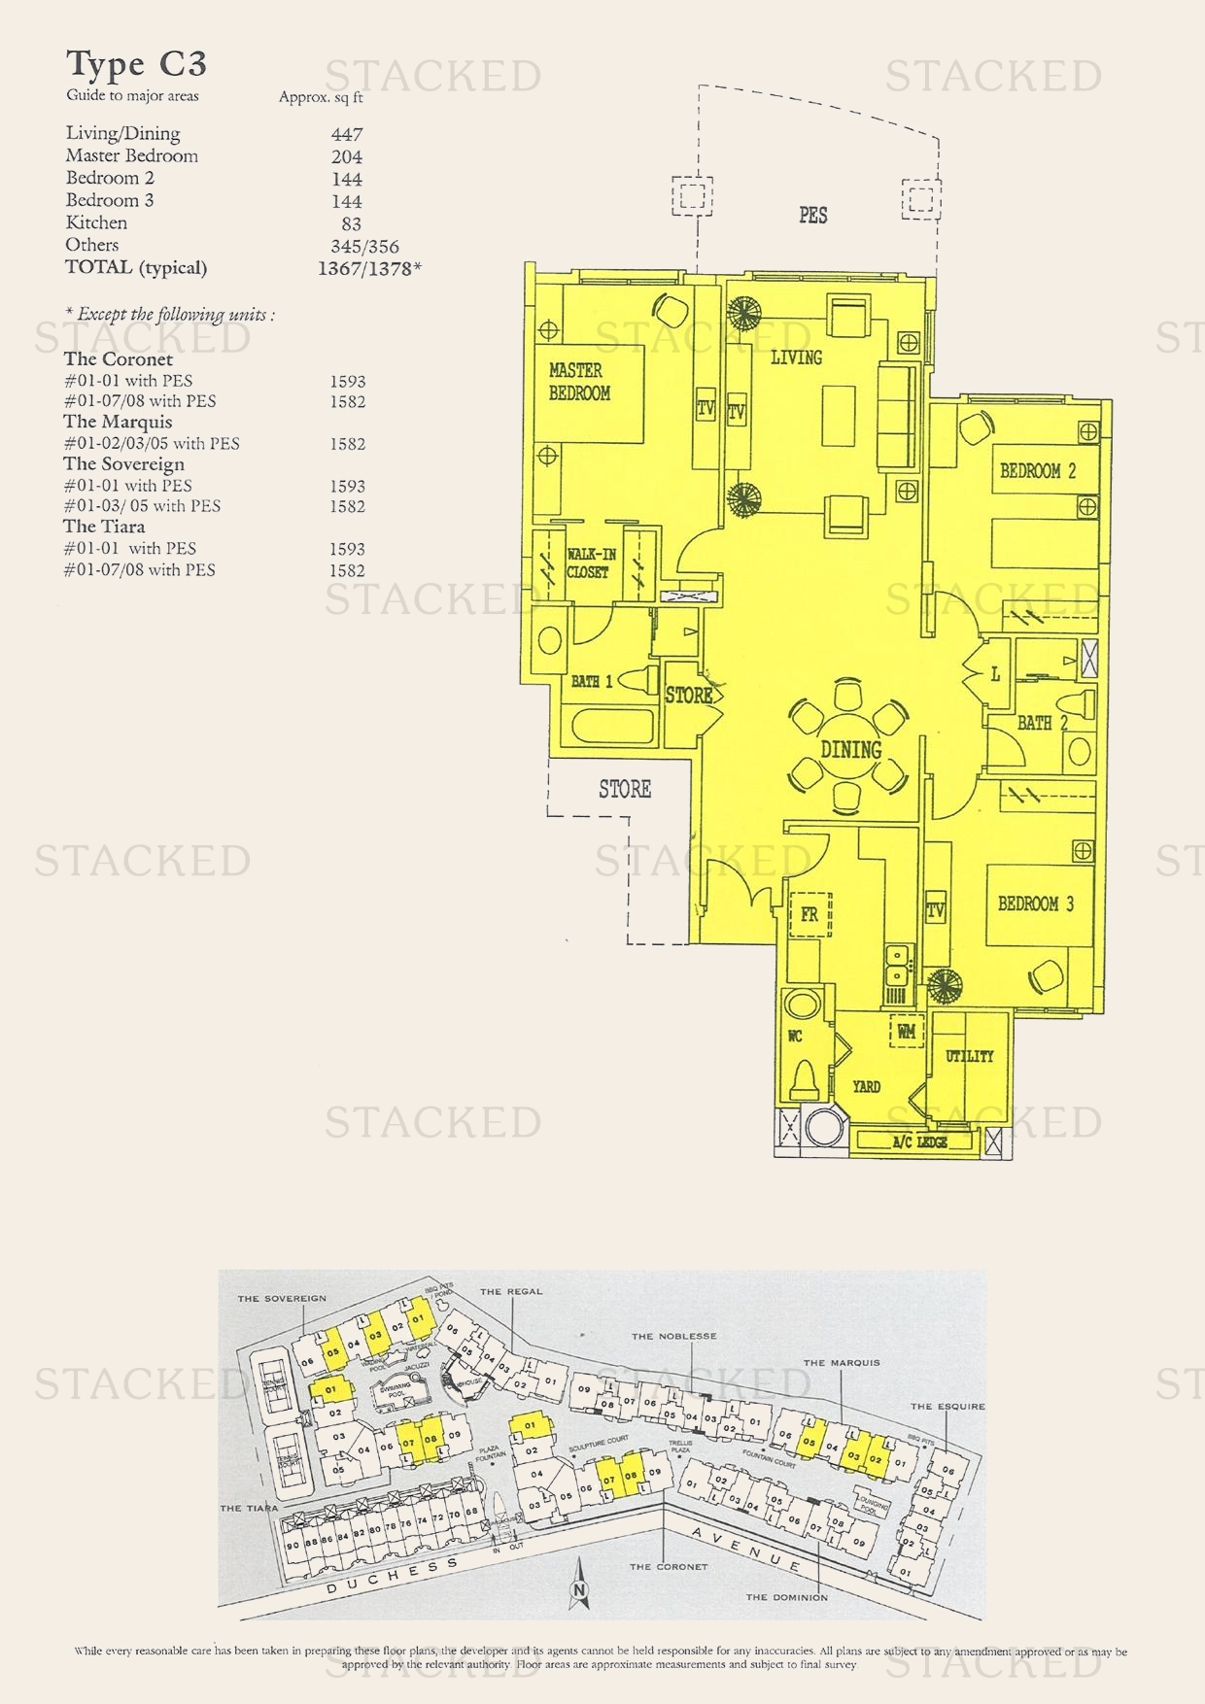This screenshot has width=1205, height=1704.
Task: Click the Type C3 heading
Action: click(137, 64)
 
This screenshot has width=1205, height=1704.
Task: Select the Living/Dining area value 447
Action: click(346, 134)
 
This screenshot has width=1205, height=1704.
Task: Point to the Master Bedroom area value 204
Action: click(346, 156)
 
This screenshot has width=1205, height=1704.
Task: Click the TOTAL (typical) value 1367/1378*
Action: click(369, 269)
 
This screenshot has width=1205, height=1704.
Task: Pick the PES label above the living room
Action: click(812, 215)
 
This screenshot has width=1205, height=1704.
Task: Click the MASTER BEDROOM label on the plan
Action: click(579, 381)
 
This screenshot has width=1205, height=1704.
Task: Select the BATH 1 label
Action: click(591, 682)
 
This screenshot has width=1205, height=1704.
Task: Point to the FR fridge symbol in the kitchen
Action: click(809, 915)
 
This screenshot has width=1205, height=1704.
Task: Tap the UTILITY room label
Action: click(969, 1056)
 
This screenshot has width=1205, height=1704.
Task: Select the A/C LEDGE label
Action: click(919, 1142)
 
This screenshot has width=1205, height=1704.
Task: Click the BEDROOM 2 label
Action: click(1038, 471)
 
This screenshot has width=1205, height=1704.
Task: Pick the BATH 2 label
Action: click(1042, 723)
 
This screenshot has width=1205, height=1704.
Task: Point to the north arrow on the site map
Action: click(580, 1585)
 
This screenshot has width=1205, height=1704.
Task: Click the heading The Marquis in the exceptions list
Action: click(118, 422)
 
